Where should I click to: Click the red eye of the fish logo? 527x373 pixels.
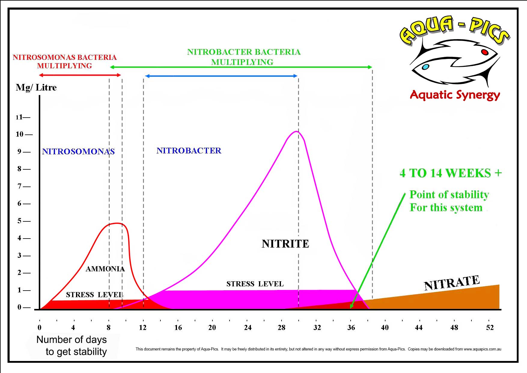(x=485, y=52)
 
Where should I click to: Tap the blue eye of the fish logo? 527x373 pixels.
(x=425, y=67)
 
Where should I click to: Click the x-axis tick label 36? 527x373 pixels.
(x=351, y=328)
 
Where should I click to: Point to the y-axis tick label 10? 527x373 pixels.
(x=20, y=134)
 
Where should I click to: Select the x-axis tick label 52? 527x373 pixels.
(x=490, y=328)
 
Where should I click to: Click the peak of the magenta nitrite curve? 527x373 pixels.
(x=296, y=131)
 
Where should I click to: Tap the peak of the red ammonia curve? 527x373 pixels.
(x=117, y=223)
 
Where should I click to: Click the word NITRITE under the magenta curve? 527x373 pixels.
(x=285, y=244)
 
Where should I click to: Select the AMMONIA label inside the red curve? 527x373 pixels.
(x=105, y=269)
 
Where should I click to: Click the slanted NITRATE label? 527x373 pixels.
(x=452, y=283)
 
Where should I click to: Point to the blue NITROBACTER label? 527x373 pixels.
(x=189, y=151)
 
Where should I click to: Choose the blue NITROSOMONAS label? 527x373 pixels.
(x=78, y=151)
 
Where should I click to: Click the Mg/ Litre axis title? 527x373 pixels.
(x=36, y=88)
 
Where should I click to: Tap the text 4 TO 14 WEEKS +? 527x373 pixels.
(x=450, y=173)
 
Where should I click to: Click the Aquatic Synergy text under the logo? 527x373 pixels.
(x=455, y=95)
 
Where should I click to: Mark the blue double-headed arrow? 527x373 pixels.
(x=221, y=76)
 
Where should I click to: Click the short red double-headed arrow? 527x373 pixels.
(x=80, y=75)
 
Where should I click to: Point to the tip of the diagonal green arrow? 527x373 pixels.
(x=351, y=308)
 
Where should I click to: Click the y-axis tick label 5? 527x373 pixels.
(x=20, y=221)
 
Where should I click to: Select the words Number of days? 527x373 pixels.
(x=72, y=340)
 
